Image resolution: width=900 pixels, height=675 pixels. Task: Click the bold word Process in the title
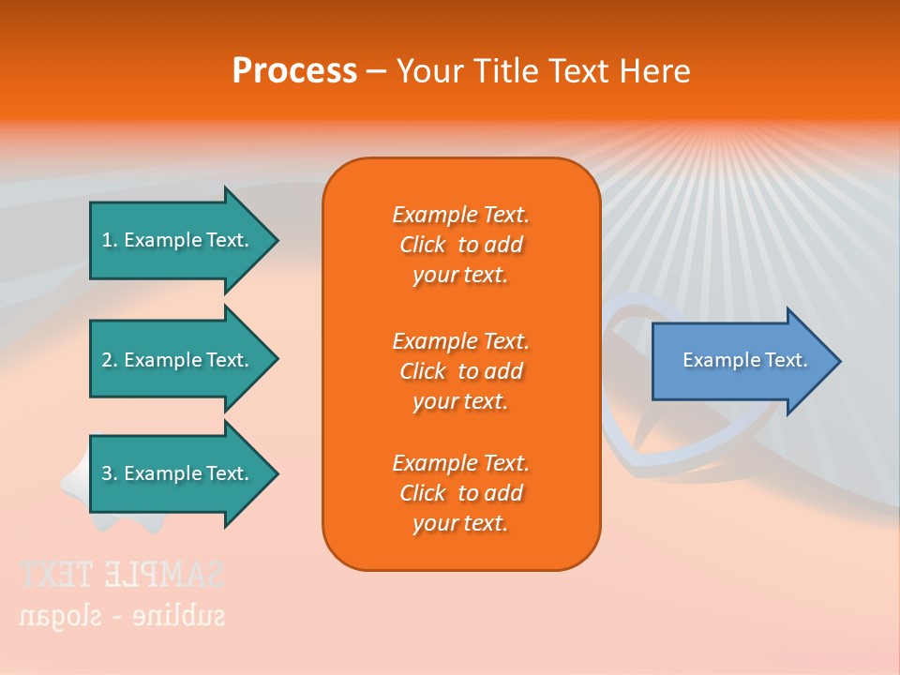click(x=294, y=71)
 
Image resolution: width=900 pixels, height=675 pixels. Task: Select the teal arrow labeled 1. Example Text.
click(x=178, y=240)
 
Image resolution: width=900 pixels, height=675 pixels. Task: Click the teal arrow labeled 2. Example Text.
click(x=178, y=360)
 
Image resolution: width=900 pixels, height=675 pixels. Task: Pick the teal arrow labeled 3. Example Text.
click(x=178, y=473)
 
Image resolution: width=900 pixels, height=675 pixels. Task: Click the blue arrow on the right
click(x=741, y=361)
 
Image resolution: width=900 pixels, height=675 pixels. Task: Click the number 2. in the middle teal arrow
click(x=110, y=360)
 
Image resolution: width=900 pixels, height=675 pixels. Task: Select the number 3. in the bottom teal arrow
click(x=110, y=473)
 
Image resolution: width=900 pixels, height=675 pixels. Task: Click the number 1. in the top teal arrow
click(x=110, y=240)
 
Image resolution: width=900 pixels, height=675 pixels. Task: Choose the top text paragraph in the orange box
click(x=460, y=245)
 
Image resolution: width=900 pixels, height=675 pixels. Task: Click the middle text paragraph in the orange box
click(x=460, y=371)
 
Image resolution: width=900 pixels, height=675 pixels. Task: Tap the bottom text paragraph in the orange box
click(x=460, y=493)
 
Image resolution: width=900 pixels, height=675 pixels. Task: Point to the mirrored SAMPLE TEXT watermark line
click(x=122, y=574)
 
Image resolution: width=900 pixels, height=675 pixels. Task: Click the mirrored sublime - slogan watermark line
click(x=122, y=615)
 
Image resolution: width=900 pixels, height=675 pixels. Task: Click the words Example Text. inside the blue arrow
click(x=744, y=360)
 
